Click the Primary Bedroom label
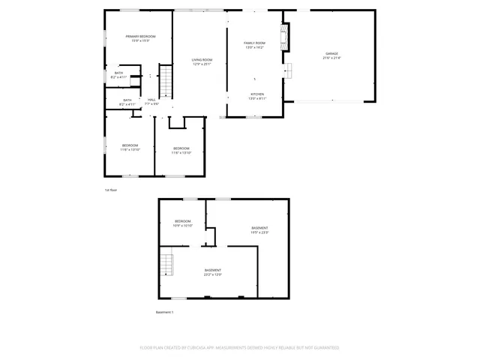[x=140, y=36]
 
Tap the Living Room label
[x=202, y=59]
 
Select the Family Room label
[x=255, y=43]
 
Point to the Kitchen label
[x=256, y=94]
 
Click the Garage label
[x=331, y=53]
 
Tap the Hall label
[x=151, y=100]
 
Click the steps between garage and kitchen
[x=286, y=71]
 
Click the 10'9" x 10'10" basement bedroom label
[x=183, y=221]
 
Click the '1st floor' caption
[x=111, y=190]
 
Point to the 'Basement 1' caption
[x=164, y=312]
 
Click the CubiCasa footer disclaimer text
[x=240, y=348]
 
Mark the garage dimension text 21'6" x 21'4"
[x=331, y=58]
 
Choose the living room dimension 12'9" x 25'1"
[x=202, y=64]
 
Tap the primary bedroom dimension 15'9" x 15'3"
[x=140, y=40]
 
